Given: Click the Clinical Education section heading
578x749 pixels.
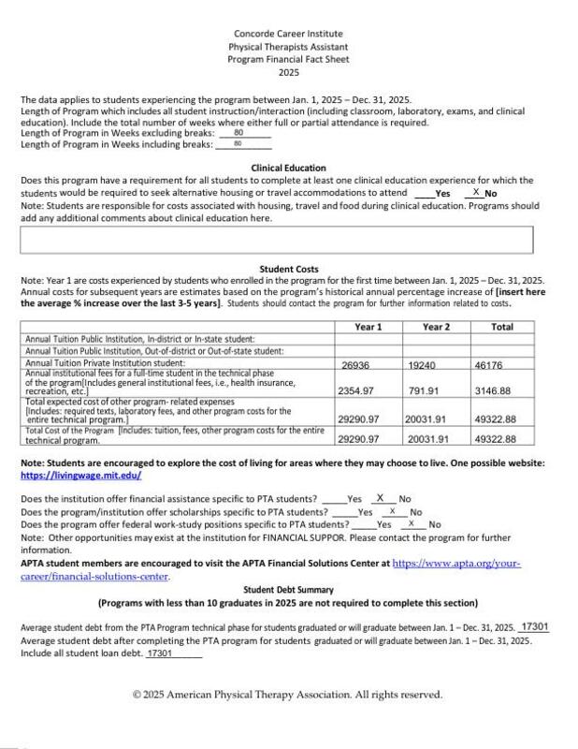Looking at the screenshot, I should pos(288,168).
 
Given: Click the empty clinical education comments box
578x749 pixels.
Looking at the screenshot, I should pos(276,241).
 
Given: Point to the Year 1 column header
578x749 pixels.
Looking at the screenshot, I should pos(368,326).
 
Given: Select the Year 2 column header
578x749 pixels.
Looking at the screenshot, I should pos(436,326).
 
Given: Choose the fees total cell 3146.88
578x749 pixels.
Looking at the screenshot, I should pos(493,390).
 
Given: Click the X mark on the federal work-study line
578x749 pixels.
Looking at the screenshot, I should pos(412,524).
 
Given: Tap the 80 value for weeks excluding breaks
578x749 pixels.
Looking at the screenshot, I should pos(238,134).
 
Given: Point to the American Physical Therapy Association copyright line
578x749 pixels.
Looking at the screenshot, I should pos(287,695).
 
